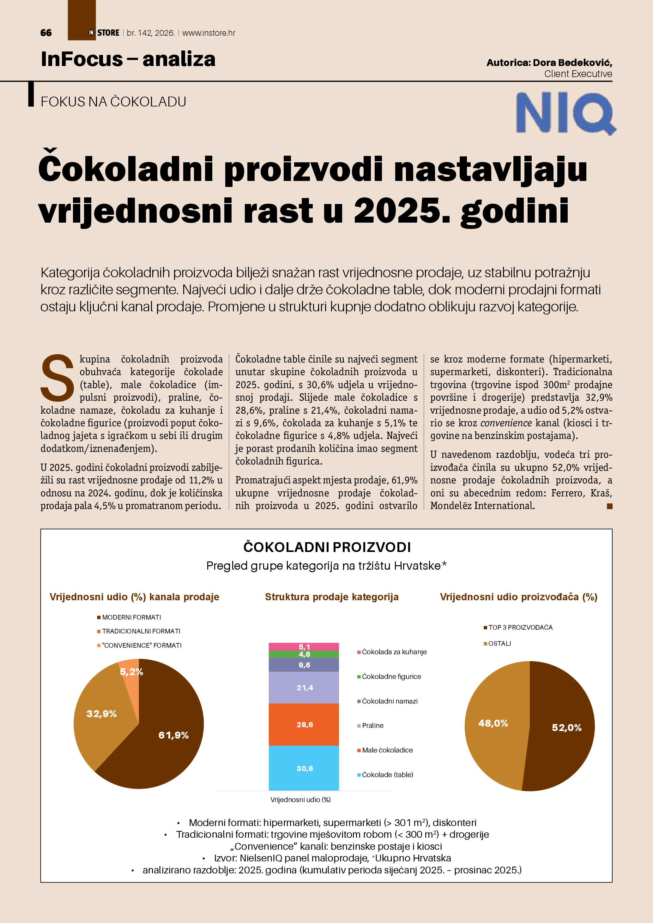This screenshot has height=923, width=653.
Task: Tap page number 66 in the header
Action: [x=46, y=33]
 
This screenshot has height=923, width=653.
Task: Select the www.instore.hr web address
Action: [x=209, y=33]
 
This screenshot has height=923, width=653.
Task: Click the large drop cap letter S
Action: [x=57, y=378]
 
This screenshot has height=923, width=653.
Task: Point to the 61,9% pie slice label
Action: [x=173, y=735]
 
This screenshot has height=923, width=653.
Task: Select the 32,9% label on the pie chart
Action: [x=101, y=714]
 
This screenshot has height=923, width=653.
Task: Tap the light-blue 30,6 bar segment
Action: [x=304, y=769]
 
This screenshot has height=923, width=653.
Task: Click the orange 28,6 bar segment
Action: [x=304, y=724]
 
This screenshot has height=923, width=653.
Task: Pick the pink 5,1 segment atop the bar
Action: [x=304, y=647]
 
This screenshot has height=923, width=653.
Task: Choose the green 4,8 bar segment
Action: [x=304, y=654]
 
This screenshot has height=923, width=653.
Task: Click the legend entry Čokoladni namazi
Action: [x=389, y=701]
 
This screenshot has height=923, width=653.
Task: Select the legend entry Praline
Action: [x=372, y=726]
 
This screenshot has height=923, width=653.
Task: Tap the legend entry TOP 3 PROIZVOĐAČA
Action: [x=520, y=627]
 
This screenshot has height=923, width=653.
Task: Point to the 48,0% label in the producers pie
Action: [x=493, y=723]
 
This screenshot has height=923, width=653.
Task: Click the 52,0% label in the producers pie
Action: [x=566, y=728]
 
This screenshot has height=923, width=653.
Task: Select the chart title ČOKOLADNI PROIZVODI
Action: [x=327, y=547]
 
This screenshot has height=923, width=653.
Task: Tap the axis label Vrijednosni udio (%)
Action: [x=300, y=800]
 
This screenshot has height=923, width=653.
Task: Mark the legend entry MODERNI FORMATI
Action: [x=131, y=617]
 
